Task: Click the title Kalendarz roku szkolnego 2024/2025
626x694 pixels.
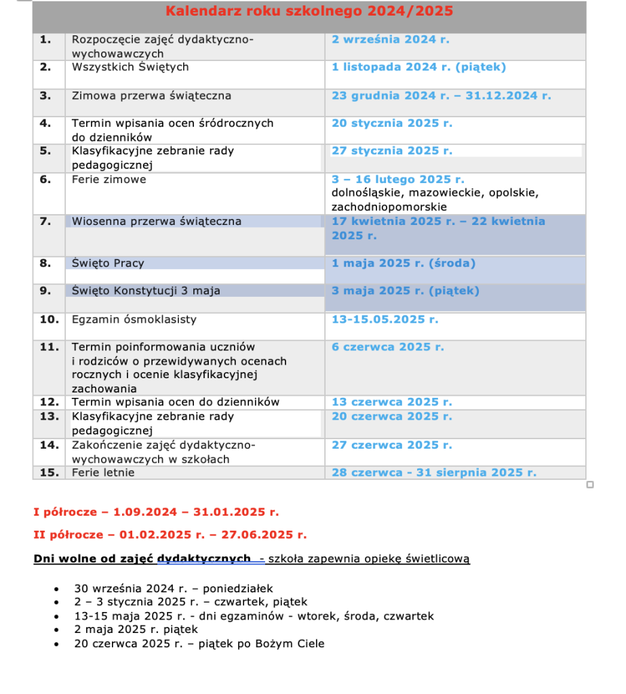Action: coord(309,11)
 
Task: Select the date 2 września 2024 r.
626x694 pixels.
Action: coord(390,39)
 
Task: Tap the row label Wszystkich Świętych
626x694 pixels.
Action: coord(130,67)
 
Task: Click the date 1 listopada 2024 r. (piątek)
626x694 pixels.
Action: coord(418,67)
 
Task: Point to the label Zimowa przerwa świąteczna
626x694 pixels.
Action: coord(151,96)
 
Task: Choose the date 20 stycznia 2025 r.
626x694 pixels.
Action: coord(391,123)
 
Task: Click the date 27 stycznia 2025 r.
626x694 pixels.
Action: coord(391,150)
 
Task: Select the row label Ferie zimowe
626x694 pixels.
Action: coord(109,180)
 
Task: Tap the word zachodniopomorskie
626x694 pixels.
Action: coord(389,207)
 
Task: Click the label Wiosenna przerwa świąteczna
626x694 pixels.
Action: coord(156,222)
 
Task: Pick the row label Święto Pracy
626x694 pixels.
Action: coord(108,263)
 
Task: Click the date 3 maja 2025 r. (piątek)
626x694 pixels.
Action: coord(405,291)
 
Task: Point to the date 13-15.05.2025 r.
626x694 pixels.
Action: coord(385,319)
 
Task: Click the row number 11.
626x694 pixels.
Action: coord(50,347)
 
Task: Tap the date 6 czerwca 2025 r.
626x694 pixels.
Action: coord(387,347)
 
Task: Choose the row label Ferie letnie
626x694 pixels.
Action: coord(103,472)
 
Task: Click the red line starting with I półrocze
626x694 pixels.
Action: coord(156,512)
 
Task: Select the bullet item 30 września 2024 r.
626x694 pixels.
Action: coord(173,589)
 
